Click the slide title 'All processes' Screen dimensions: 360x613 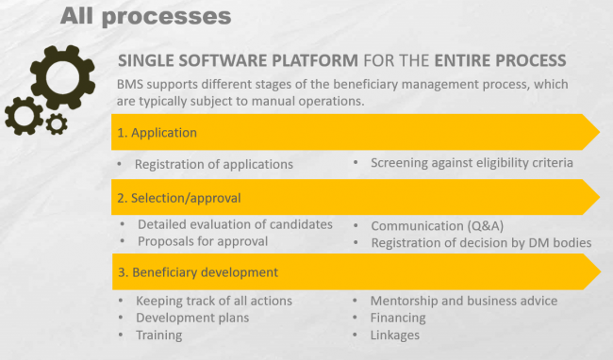[x=145, y=16]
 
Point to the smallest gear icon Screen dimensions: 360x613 [x=56, y=123]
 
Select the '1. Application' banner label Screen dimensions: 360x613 [x=157, y=133]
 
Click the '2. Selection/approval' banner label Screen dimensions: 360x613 [x=178, y=198]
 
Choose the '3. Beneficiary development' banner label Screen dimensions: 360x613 [x=197, y=272]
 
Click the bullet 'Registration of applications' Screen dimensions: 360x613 [x=213, y=164]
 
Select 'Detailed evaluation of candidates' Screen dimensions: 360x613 [x=235, y=224]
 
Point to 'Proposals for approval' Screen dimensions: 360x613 [x=203, y=240]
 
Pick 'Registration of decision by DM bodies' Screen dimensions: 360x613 [x=481, y=242]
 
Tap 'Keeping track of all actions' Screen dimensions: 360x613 [x=214, y=301]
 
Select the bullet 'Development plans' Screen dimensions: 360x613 [x=192, y=318]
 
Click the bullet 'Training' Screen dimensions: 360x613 [x=160, y=335]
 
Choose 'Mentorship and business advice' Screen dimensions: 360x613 [x=464, y=301]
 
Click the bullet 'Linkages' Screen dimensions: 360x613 [x=395, y=335]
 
